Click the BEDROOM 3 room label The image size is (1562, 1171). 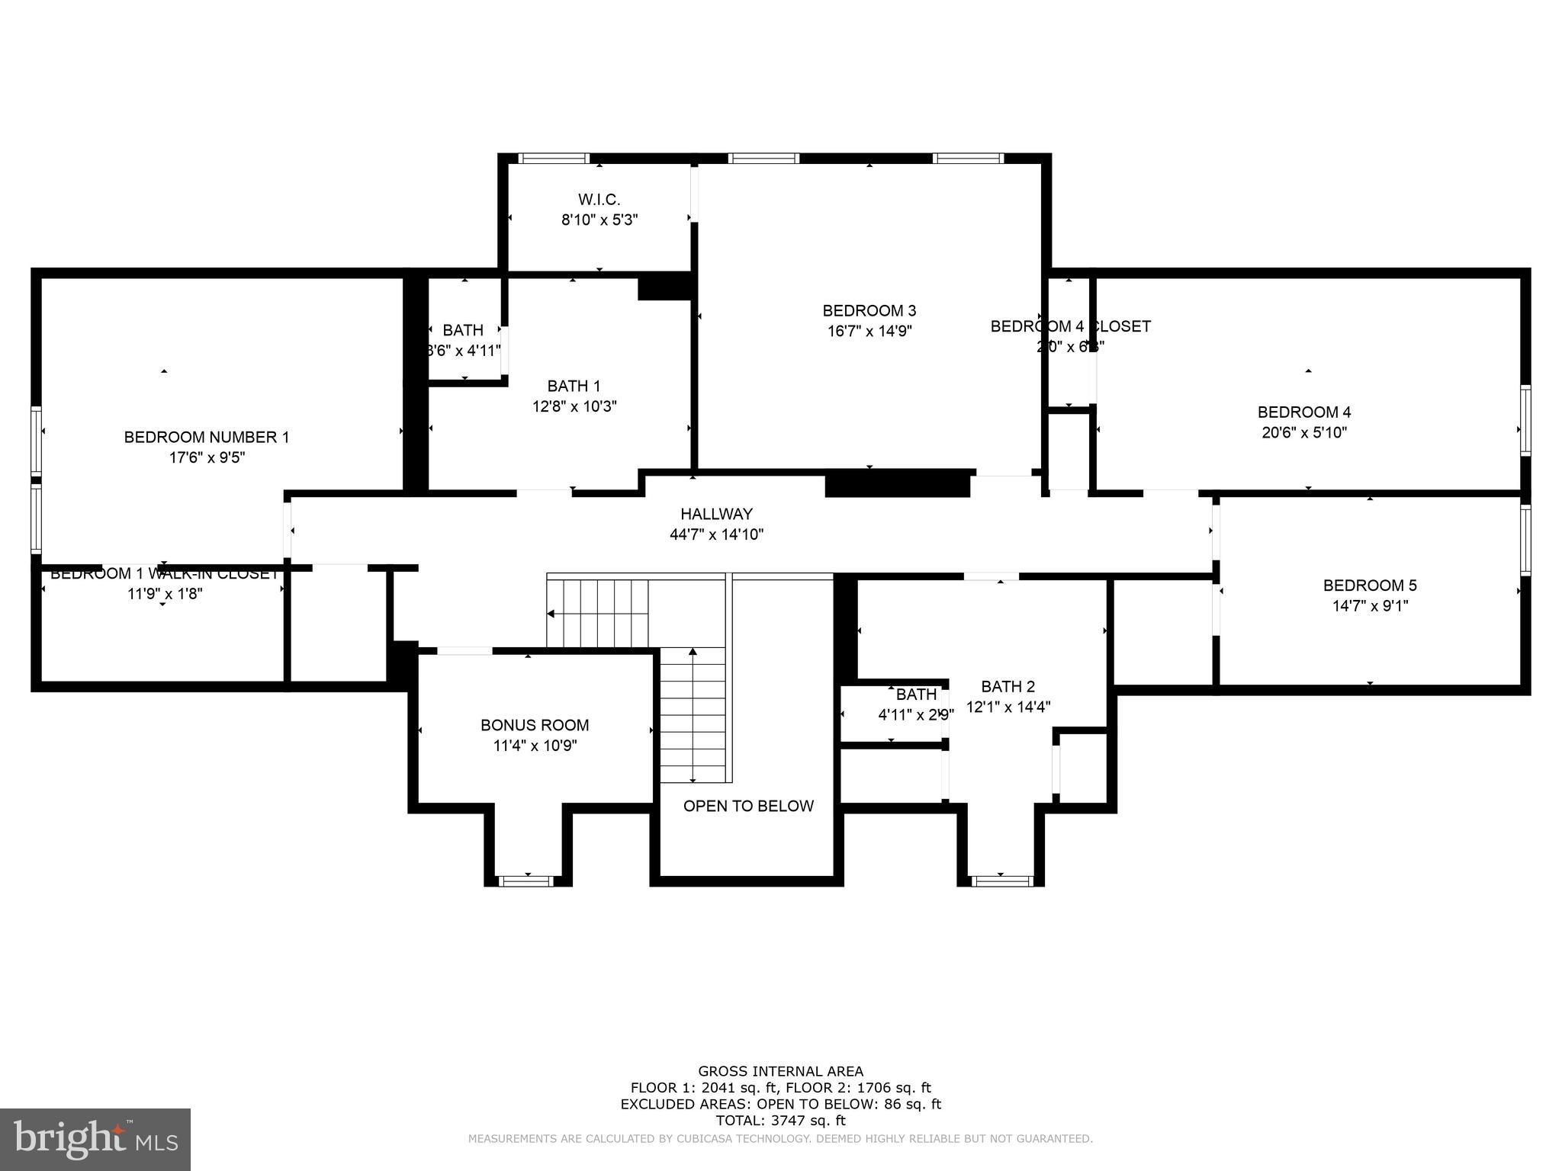pyautogui.click(x=869, y=310)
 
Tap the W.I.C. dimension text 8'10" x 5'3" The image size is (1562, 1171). pyautogui.click(x=599, y=220)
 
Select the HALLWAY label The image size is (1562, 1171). pyautogui.click(x=716, y=514)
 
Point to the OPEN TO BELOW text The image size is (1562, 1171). pyautogui.click(x=748, y=806)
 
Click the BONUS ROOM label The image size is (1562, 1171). pyautogui.click(x=535, y=725)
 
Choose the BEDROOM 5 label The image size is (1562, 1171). pyautogui.click(x=1370, y=585)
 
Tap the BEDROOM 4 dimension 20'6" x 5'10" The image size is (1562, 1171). pyautogui.click(x=1304, y=433)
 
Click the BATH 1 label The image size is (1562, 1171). pyautogui.click(x=574, y=386)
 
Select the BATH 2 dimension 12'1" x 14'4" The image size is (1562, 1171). pyautogui.click(x=1008, y=707)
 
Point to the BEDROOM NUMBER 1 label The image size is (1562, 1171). pyautogui.click(x=207, y=437)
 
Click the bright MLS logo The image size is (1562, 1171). pyautogui.click(x=95, y=1139)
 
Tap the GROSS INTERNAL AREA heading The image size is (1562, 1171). pyautogui.click(x=780, y=1071)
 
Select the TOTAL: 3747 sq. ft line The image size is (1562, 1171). pyautogui.click(x=780, y=1121)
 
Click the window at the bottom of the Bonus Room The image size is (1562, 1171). pyautogui.click(x=526, y=881)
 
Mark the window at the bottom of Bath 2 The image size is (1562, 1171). pyautogui.click(x=1001, y=881)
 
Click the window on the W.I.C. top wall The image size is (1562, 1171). pyautogui.click(x=554, y=159)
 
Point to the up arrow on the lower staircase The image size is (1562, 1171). pyautogui.click(x=693, y=653)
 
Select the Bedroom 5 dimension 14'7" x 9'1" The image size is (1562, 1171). pyautogui.click(x=1370, y=606)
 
